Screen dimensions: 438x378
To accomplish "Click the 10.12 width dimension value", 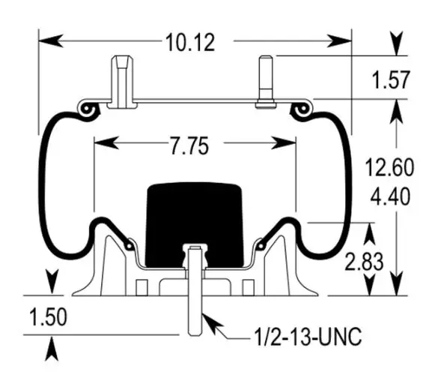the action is click(190, 43).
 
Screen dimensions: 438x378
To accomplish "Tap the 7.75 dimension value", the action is click(189, 145).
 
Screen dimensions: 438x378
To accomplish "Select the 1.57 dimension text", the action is click(391, 79).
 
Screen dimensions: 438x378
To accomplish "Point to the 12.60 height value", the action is click(389, 167).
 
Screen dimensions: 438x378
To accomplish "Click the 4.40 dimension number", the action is click(390, 196).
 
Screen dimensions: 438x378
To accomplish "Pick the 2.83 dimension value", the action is click(364, 262).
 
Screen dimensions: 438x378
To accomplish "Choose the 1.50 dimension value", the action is click(48, 317).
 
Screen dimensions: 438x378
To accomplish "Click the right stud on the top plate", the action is click(266, 82).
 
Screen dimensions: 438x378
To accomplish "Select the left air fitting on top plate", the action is click(122, 82).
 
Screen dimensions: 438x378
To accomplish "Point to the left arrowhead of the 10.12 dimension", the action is click(51, 40).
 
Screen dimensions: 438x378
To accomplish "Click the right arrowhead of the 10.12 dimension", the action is click(339, 40).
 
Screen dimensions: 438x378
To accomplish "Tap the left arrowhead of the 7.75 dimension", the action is click(106, 142).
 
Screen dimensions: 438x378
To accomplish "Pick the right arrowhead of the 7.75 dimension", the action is click(284, 142).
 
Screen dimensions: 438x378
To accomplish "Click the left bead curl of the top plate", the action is click(89, 110).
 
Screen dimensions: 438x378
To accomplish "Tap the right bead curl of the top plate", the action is click(301, 110).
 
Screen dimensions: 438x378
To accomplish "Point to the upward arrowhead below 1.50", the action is click(52, 349).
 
